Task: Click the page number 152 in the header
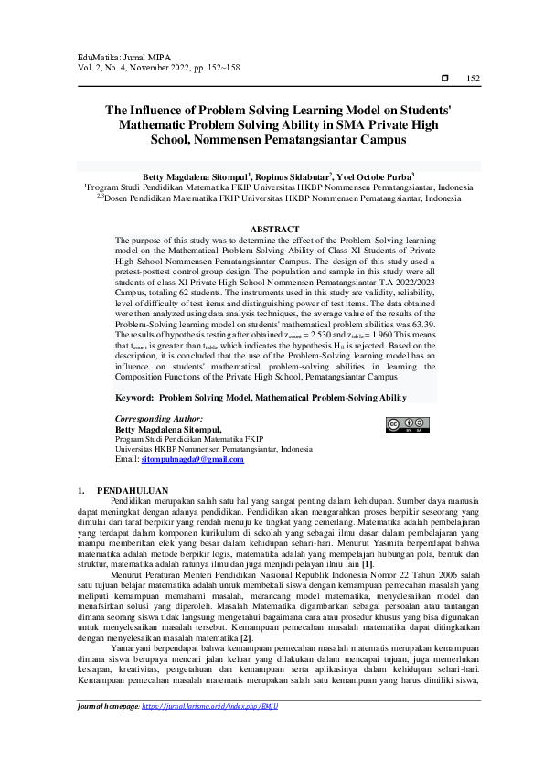click(x=473, y=80)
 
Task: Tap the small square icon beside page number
click(x=445, y=80)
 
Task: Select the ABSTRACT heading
click(x=274, y=229)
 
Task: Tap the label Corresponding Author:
click(x=157, y=417)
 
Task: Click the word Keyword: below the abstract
click(x=134, y=399)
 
